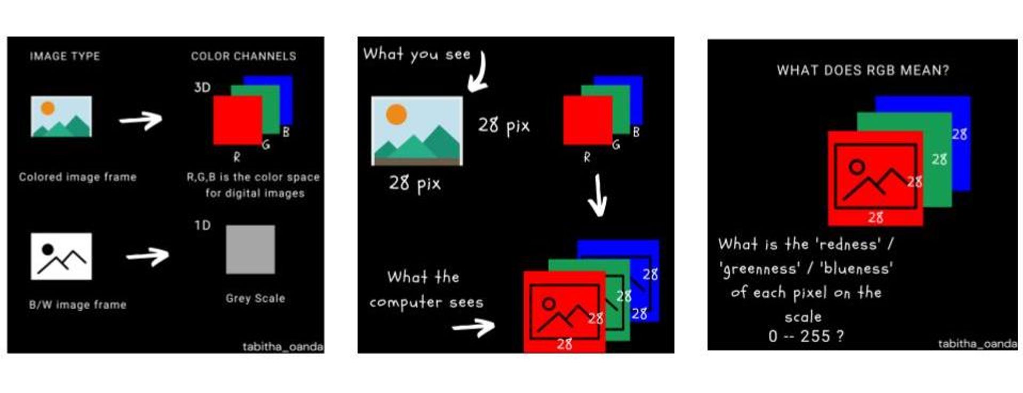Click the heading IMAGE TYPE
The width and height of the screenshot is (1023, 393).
[64, 56]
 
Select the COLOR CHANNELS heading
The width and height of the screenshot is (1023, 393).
[243, 56]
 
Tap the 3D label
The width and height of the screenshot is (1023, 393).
[202, 87]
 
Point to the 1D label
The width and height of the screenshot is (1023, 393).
[202, 226]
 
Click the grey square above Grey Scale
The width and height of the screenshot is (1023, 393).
[250, 250]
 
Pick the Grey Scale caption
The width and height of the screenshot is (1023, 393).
[255, 298]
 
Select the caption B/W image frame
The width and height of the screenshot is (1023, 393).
[78, 304]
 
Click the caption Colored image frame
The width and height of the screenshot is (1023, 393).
[78, 177]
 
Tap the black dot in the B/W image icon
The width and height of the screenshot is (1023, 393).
[48, 249]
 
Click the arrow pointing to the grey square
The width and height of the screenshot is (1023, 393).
[148, 256]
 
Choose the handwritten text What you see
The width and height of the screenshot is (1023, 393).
[417, 54]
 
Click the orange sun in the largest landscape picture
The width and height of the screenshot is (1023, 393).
[396, 114]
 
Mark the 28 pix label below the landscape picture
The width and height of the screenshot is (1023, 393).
[415, 184]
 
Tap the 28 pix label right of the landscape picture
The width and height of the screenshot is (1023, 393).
[504, 126]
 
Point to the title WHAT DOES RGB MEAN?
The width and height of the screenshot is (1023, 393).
[863, 70]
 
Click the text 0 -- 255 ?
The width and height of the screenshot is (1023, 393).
[806, 336]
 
